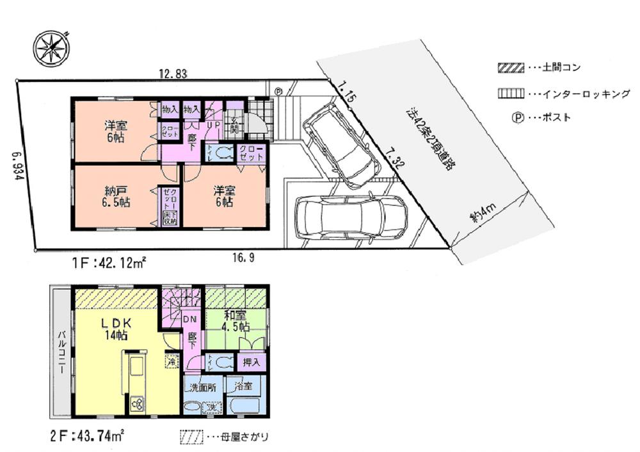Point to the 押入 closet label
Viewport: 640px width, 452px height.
tap(250, 362)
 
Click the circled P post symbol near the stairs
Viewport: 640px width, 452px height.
tap(278, 91)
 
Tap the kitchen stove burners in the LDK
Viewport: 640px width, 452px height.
tap(138, 403)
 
